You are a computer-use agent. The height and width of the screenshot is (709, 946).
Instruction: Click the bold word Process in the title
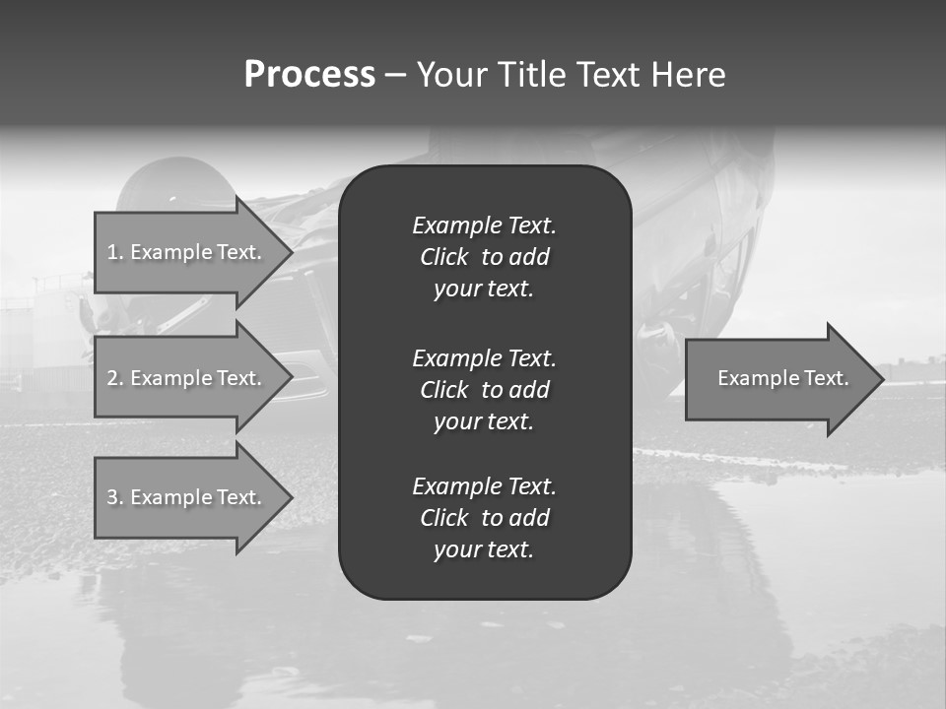click(309, 75)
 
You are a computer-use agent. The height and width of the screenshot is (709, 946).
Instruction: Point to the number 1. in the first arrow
click(115, 252)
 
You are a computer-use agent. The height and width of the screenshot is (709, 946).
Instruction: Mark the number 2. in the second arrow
click(115, 378)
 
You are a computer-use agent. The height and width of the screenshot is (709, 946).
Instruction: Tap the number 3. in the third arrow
click(115, 497)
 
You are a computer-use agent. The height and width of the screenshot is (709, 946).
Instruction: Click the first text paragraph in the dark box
click(484, 257)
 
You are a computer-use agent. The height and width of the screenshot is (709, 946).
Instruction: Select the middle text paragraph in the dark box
click(484, 390)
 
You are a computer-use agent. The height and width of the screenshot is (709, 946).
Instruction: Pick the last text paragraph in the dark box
click(484, 518)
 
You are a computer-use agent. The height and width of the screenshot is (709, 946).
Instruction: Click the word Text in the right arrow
click(828, 378)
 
